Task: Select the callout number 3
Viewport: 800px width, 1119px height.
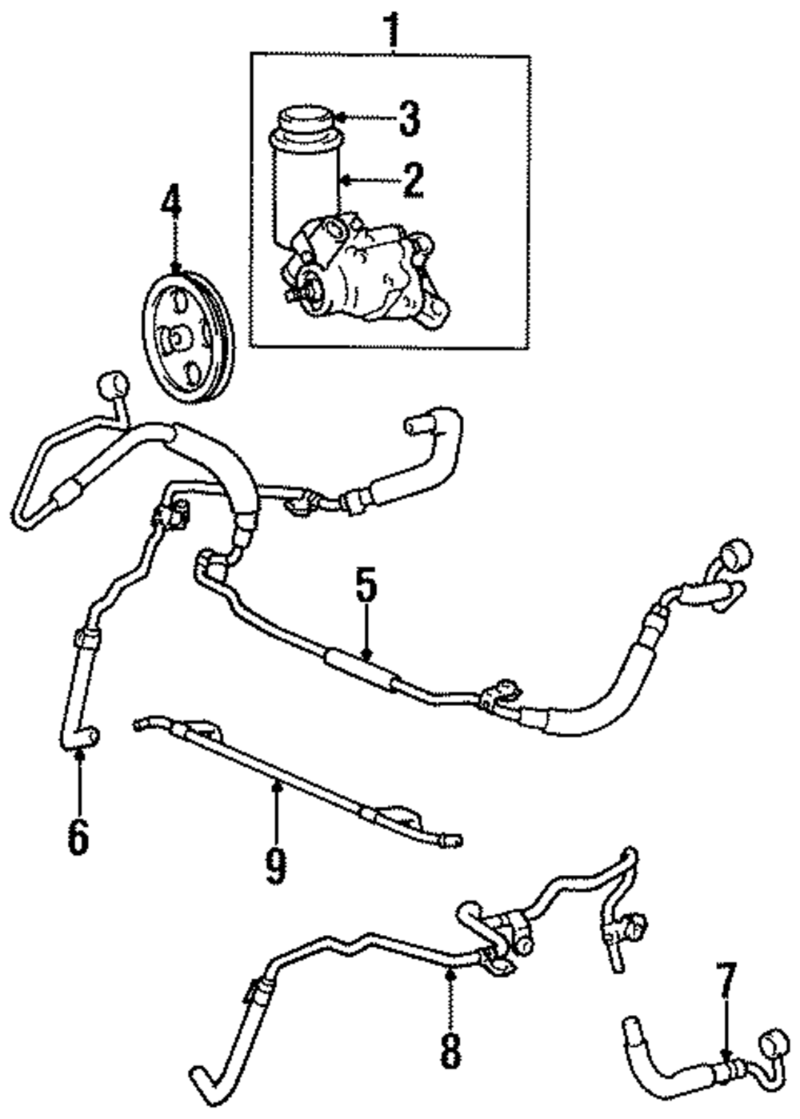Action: pyautogui.click(x=408, y=118)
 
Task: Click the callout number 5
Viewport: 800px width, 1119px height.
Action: pyautogui.click(x=366, y=586)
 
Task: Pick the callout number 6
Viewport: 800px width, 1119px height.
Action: pyautogui.click(x=78, y=837)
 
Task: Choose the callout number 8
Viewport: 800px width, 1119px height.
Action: pyautogui.click(x=450, y=1050)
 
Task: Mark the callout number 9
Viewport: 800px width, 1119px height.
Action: pyautogui.click(x=274, y=866)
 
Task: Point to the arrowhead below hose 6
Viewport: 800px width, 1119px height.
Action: pyautogui.click(x=78, y=752)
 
